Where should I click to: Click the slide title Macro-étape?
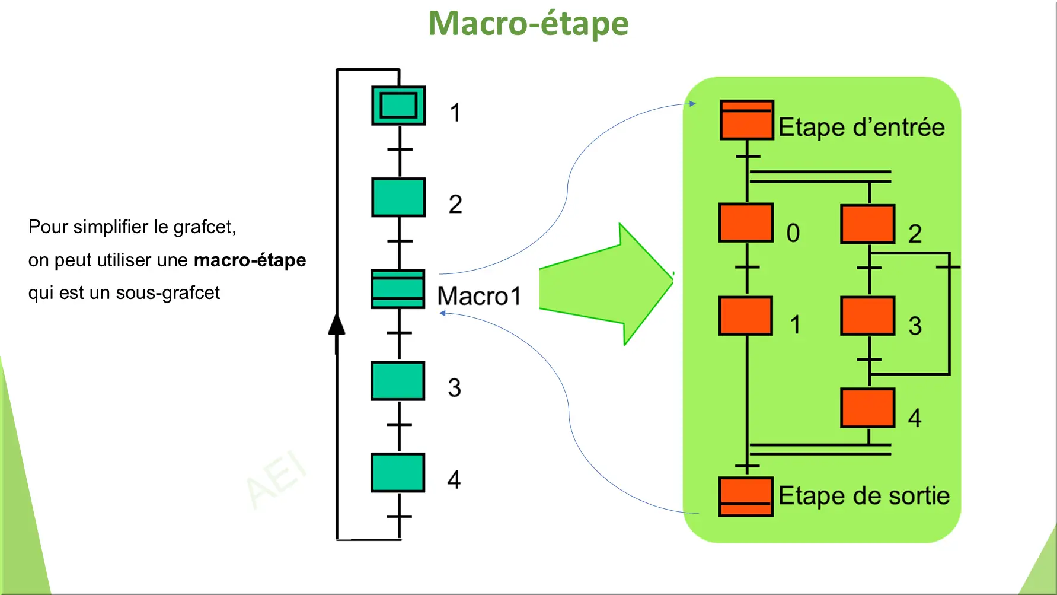coord(528,24)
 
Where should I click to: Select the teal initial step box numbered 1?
coord(398,106)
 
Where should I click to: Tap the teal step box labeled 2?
coord(398,198)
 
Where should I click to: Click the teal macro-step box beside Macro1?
coord(398,289)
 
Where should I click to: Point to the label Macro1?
coord(479,296)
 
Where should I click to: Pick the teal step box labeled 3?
coord(398,381)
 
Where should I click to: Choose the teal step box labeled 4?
coord(398,473)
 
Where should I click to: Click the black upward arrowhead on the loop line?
coord(337,325)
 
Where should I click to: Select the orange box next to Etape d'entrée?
coord(747,120)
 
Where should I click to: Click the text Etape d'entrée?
coord(861,128)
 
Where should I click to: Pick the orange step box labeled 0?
coord(746,223)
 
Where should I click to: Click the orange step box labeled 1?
coord(746,316)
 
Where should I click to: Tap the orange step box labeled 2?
coord(868,224)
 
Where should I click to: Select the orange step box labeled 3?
coord(868,316)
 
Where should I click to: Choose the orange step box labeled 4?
coord(868,408)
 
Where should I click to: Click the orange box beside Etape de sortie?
coord(746,497)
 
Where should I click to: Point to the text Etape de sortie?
coord(864,496)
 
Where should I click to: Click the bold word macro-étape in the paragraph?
coord(250,260)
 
